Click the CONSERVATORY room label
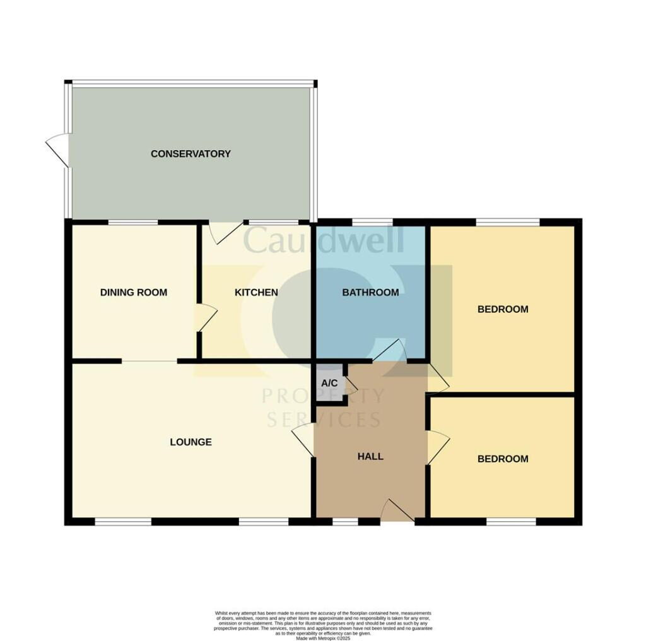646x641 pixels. coord(191,154)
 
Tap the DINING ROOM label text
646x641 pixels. coord(134,293)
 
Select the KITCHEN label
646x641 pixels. coord(256,293)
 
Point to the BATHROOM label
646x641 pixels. coord(370,293)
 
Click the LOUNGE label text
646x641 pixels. coord(191,442)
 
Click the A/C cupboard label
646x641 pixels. coord(330,384)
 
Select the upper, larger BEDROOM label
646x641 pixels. coord(502,310)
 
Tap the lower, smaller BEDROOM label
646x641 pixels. coord(502,459)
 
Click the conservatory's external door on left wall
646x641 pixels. coord(58,150)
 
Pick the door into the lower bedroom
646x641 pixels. coord(437,447)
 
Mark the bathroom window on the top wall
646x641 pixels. coord(370,221)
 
